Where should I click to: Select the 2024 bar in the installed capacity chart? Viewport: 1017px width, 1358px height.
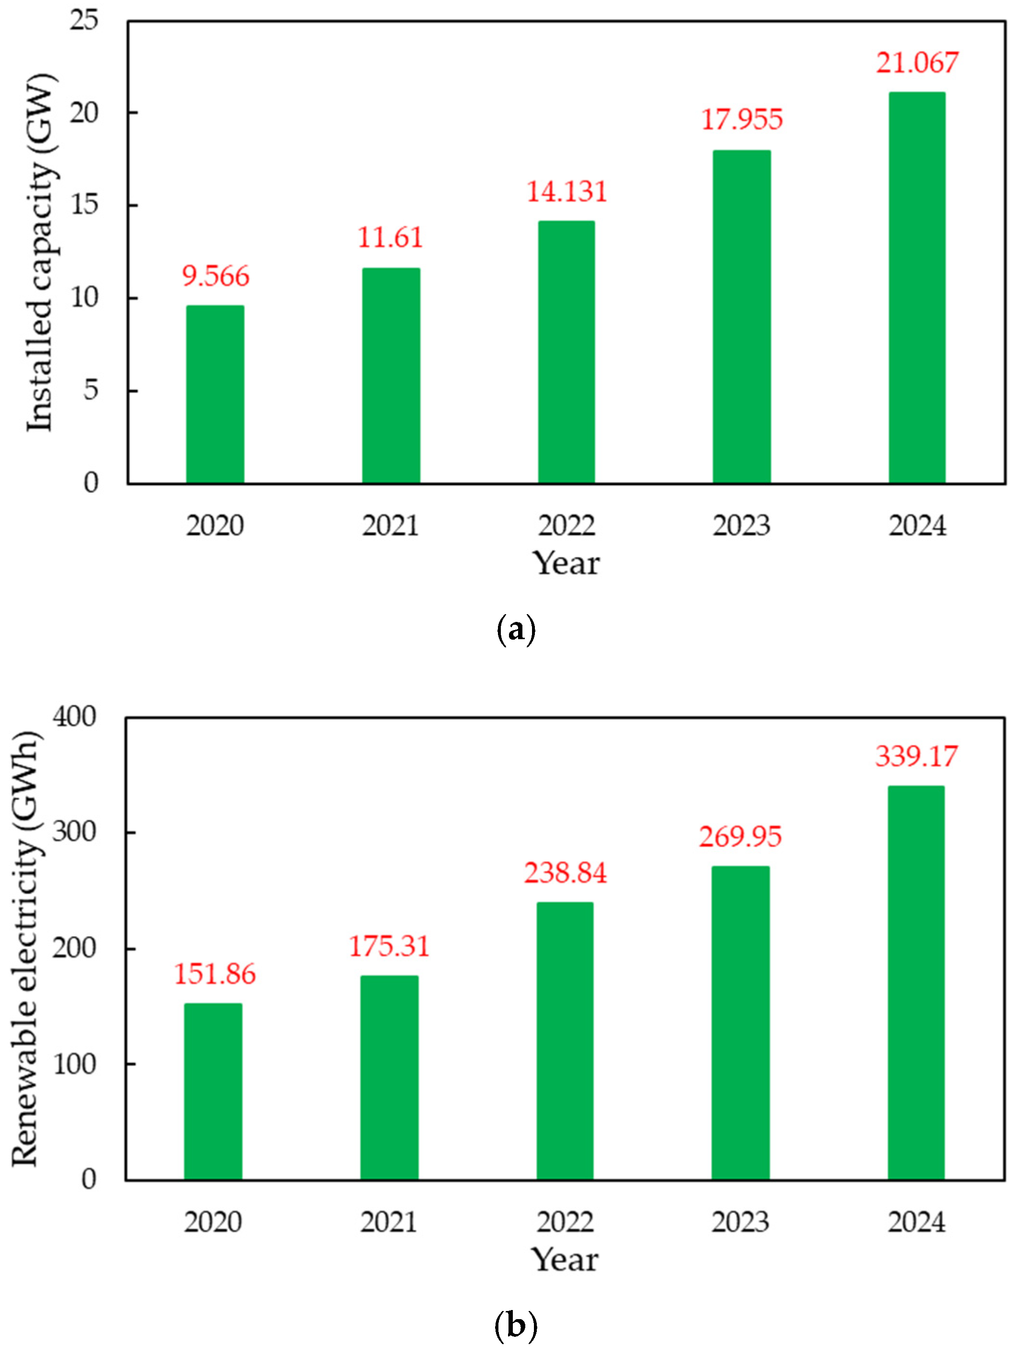[x=916, y=288]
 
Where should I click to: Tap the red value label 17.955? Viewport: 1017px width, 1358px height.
[x=742, y=119]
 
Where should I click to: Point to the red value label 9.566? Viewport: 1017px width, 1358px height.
[x=215, y=276]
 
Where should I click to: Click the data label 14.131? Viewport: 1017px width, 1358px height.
[x=567, y=191]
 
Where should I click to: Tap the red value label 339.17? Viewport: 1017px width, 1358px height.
[x=916, y=756]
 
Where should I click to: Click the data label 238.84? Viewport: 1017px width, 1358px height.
[x=565, y=873]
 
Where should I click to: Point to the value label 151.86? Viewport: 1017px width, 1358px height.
[x=214, y=974]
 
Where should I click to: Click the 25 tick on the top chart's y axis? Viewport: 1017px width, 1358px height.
[x=83, y=20]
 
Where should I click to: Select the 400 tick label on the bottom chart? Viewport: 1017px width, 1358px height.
[x=74, y=716]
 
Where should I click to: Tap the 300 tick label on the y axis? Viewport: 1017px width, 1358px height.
[x=74, y=832]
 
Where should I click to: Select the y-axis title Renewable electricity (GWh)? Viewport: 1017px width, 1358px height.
[x=26, y=949]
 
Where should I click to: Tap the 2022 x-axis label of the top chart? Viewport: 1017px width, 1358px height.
[x=566, y=525]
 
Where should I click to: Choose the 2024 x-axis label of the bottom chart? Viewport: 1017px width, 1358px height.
[x=916, y=1222]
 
